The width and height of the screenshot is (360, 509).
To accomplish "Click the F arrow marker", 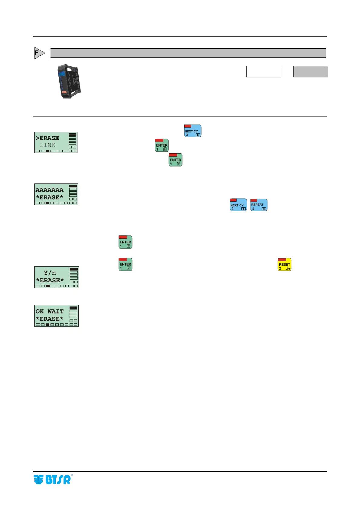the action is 39,53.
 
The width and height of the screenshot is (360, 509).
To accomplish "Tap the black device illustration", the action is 70,81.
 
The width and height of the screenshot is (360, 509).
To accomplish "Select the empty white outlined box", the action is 263,72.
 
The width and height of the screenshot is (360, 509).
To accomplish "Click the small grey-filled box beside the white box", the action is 311,72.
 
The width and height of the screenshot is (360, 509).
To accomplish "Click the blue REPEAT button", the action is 259,205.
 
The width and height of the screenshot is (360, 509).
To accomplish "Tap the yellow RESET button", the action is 284,264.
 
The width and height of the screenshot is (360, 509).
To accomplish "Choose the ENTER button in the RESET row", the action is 126,264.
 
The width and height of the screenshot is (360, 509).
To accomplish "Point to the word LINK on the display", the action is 47,145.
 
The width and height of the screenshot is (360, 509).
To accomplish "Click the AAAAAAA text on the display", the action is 50,190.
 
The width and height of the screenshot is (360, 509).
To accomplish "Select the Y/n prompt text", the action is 50,273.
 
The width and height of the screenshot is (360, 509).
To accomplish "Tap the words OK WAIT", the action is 50,311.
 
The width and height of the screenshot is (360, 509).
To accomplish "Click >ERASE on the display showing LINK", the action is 47,138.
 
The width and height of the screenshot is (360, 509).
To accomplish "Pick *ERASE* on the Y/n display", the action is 50,280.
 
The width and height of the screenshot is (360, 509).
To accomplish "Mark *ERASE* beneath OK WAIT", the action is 50,319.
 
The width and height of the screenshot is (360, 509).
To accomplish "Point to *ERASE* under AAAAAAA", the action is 50,197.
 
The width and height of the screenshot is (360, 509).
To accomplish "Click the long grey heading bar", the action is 188,53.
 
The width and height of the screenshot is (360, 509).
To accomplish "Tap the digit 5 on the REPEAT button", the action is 253,209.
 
